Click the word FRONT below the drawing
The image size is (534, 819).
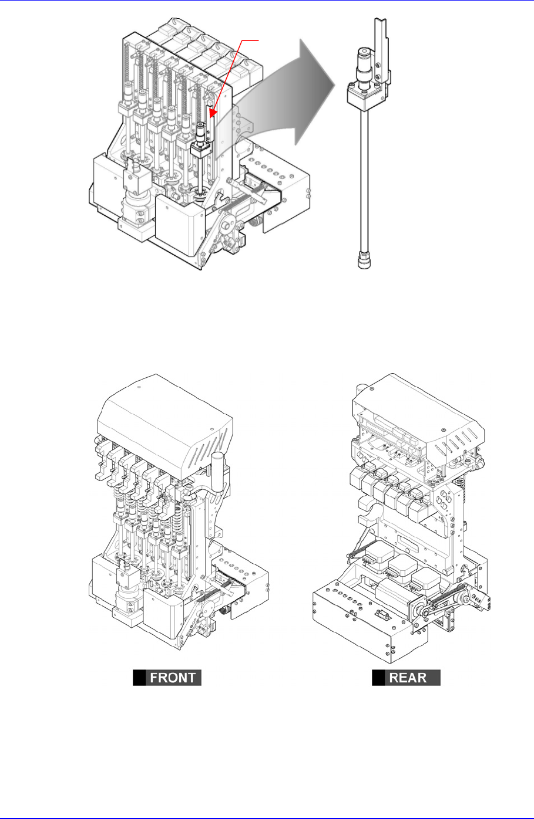pyautogui.click(x=173, y=678)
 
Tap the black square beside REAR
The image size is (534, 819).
pyautogui.click(x=378, y=678)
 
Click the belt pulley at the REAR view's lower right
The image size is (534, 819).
pyautogui.click(x=468, y=598)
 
